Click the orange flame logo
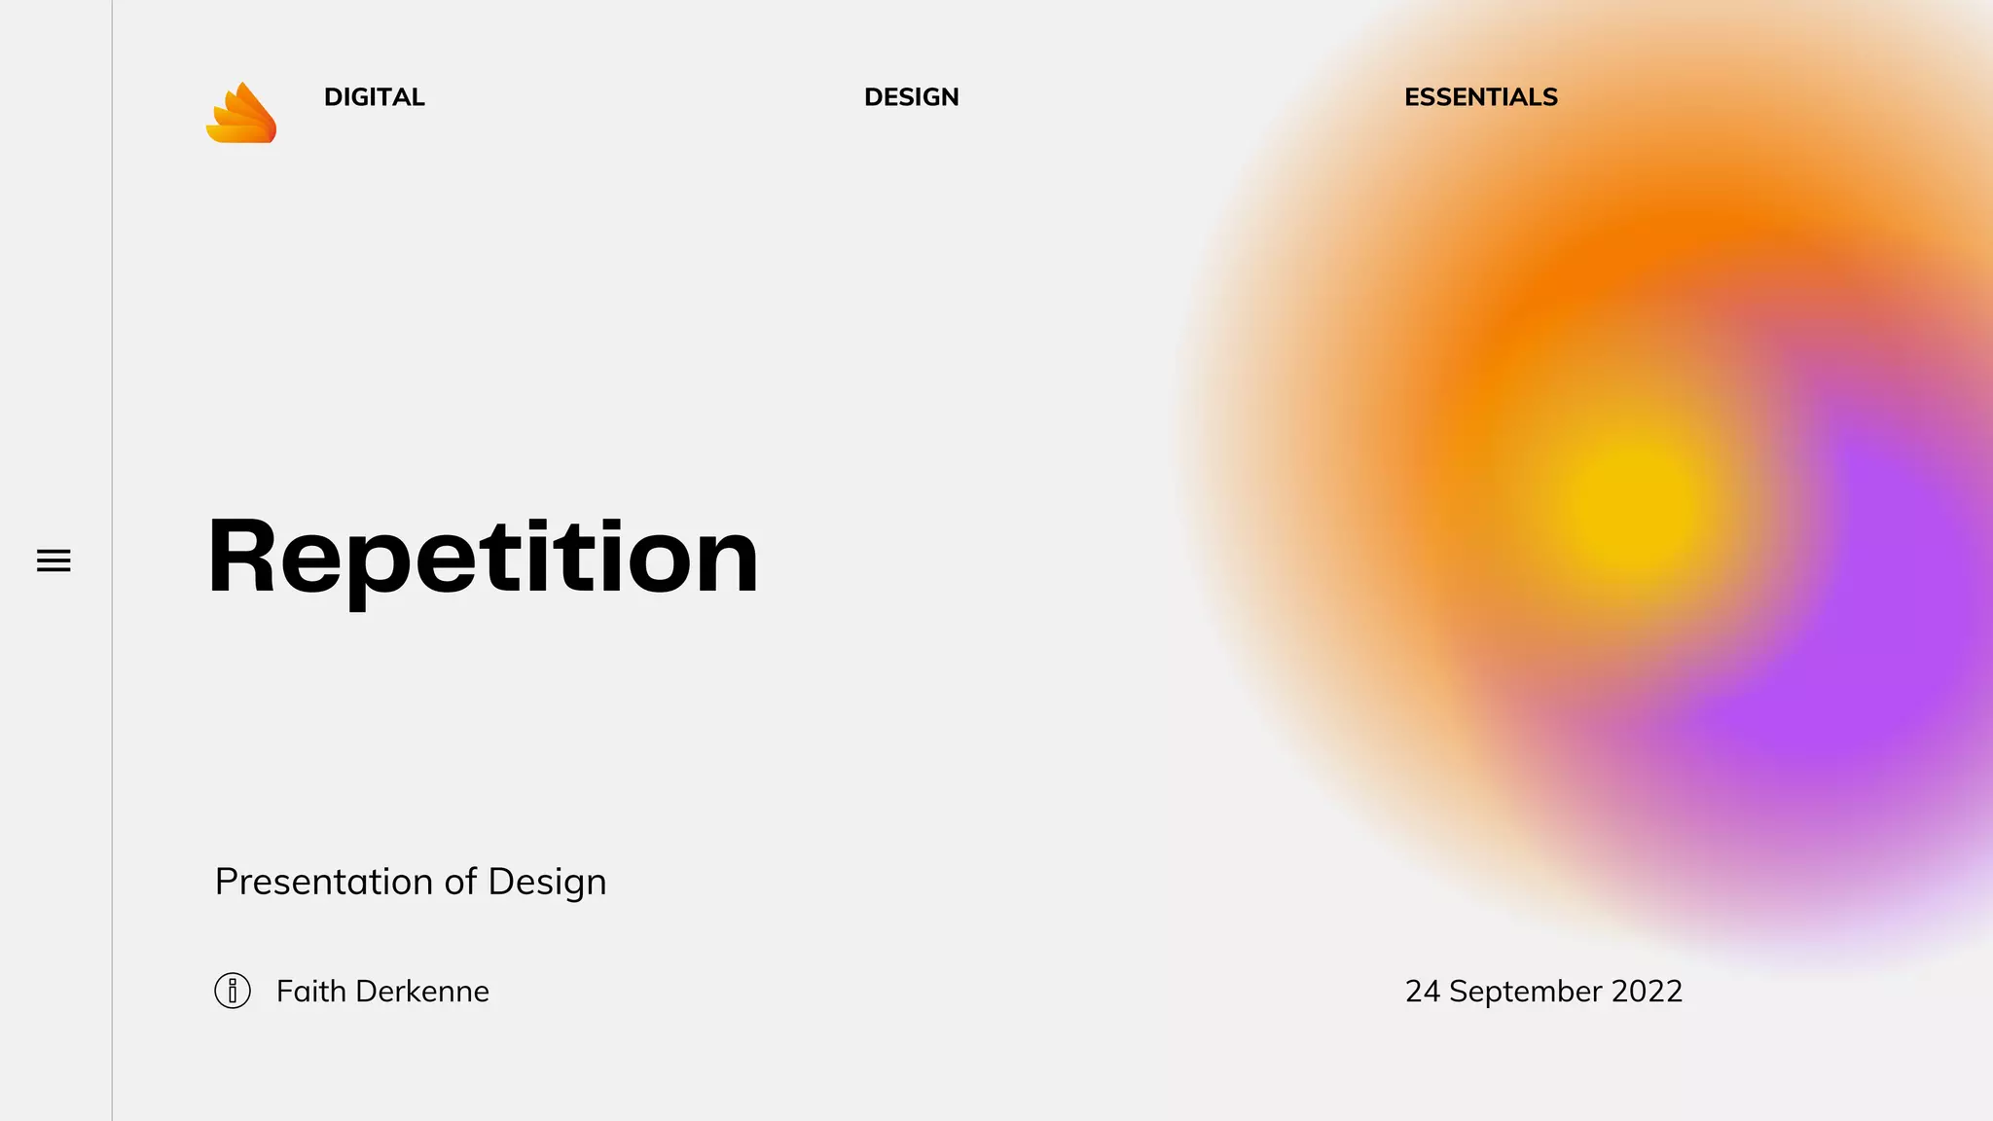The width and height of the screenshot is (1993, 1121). [241, 114]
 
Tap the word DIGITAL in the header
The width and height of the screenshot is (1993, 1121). [374, 97]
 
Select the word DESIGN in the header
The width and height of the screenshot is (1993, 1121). [911, 97]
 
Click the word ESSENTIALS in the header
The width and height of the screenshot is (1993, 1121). [1480, 97]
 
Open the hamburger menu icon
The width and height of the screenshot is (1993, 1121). [54, 560]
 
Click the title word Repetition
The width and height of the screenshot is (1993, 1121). [482, 557]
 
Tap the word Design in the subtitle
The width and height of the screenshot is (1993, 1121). [547, 882]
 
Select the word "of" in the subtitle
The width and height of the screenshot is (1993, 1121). [460, 882]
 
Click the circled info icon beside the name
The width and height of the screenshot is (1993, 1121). [233, 991]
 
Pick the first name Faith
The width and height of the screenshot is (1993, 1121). [311, 991]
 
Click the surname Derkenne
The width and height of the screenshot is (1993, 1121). [422, 991]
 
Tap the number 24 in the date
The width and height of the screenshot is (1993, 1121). [1422, 991]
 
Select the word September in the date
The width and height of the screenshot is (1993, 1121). [1525, 991]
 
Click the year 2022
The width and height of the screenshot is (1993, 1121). [1647, 991]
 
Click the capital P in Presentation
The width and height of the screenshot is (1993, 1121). [226, 882]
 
